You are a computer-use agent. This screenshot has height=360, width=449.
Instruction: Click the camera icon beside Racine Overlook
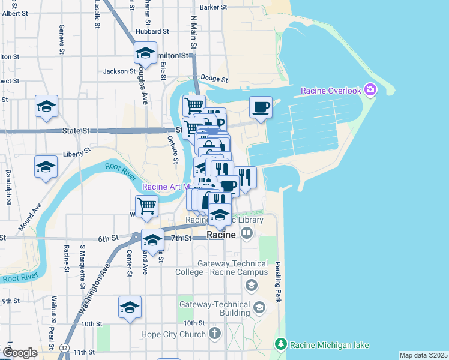tap(370, 91)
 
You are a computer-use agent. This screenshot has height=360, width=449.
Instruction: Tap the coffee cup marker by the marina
tap(260, 107)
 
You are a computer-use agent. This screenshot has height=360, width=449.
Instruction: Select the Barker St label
tap(213, 7)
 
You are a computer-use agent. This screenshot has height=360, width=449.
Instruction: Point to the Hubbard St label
tap(152, 31)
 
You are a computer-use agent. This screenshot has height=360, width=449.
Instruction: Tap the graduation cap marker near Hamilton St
tap(145, 53)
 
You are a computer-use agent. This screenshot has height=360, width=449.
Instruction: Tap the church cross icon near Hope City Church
tap(216, 334)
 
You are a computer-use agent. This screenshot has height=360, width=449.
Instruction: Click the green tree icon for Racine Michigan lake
tap(280, 344)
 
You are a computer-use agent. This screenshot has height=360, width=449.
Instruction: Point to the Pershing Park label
tap(277, 282)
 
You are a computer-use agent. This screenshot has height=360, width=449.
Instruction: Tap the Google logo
tap(20, 353)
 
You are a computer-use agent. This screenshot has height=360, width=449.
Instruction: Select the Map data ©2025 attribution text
tap(423, 355)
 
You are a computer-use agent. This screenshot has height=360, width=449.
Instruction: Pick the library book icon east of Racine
tap(247, 235)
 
